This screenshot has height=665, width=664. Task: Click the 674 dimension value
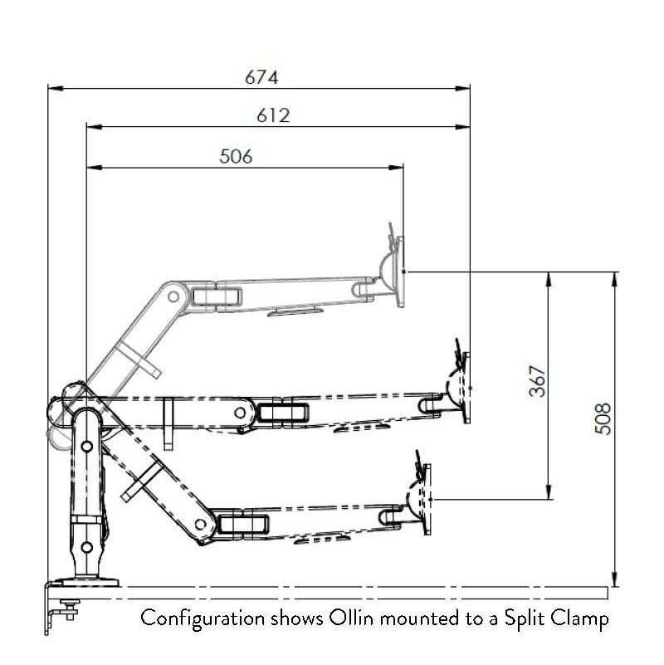click(x=261, y=77)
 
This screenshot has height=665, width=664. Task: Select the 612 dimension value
click(x=274, y=115)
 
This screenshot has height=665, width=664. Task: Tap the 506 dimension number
click(x=237, y=157)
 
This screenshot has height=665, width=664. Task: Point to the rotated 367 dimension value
click(x=537, y=381)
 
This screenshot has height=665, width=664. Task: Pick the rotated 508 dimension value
click(x=603, y=418)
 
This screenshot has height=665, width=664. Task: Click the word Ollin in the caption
click(x=351, y=618)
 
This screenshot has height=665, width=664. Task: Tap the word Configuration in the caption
click(x=203, y=619)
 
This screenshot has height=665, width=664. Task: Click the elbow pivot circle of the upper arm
click(x=173, y=296)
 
